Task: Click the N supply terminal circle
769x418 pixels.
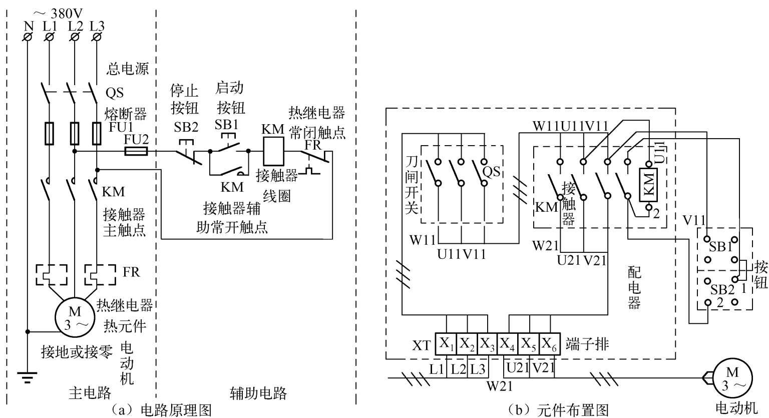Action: (28, 37)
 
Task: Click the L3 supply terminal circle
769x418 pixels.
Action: (97, 37)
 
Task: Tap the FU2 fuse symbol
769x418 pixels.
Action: (136, 151)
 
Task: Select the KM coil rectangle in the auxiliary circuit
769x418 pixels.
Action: (273, 151)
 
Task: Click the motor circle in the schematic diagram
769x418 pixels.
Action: (75, 317)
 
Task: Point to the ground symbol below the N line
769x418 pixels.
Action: (28, 377)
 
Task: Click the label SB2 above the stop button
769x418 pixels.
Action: (186, 127)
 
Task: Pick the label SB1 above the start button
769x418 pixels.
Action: (227, 124)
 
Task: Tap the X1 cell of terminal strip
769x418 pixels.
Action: (446, 344)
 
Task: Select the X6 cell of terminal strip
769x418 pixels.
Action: (550, 344)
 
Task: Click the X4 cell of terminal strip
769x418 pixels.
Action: (507, 344)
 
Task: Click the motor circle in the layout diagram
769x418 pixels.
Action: (732, 378)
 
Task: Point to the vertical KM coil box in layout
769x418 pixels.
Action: (648, 185)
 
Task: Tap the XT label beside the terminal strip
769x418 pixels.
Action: (421, 345)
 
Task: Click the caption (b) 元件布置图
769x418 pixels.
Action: (558, 410)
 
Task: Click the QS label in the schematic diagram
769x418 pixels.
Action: (114, 93)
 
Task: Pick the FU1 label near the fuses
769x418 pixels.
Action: (121, 127)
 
